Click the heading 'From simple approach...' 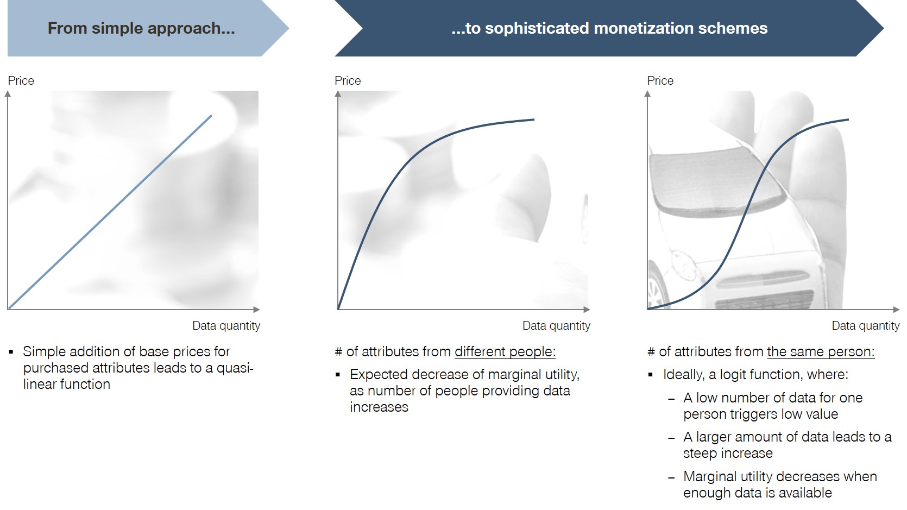(141, 28)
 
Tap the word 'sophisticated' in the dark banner (537, 28)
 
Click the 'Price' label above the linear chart (21, 80)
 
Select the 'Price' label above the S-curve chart (660, 80)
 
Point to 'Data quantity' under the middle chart (556, 326)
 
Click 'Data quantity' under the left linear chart (226, 326)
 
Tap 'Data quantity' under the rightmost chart (866, 326)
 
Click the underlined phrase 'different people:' (505, 351)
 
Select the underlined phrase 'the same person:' (821, 351)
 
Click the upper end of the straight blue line (211, 116)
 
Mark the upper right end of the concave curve (534, 119)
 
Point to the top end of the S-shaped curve (848, 119)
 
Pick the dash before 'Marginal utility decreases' (671, 478)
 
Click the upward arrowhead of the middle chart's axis (338, 94)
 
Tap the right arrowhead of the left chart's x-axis (256, 310)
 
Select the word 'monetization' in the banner (642, 28)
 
